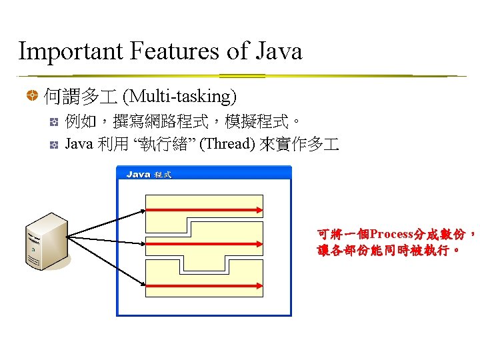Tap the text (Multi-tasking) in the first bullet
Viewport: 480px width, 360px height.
click(181, 97)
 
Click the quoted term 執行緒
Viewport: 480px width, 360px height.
click(159, 144)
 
